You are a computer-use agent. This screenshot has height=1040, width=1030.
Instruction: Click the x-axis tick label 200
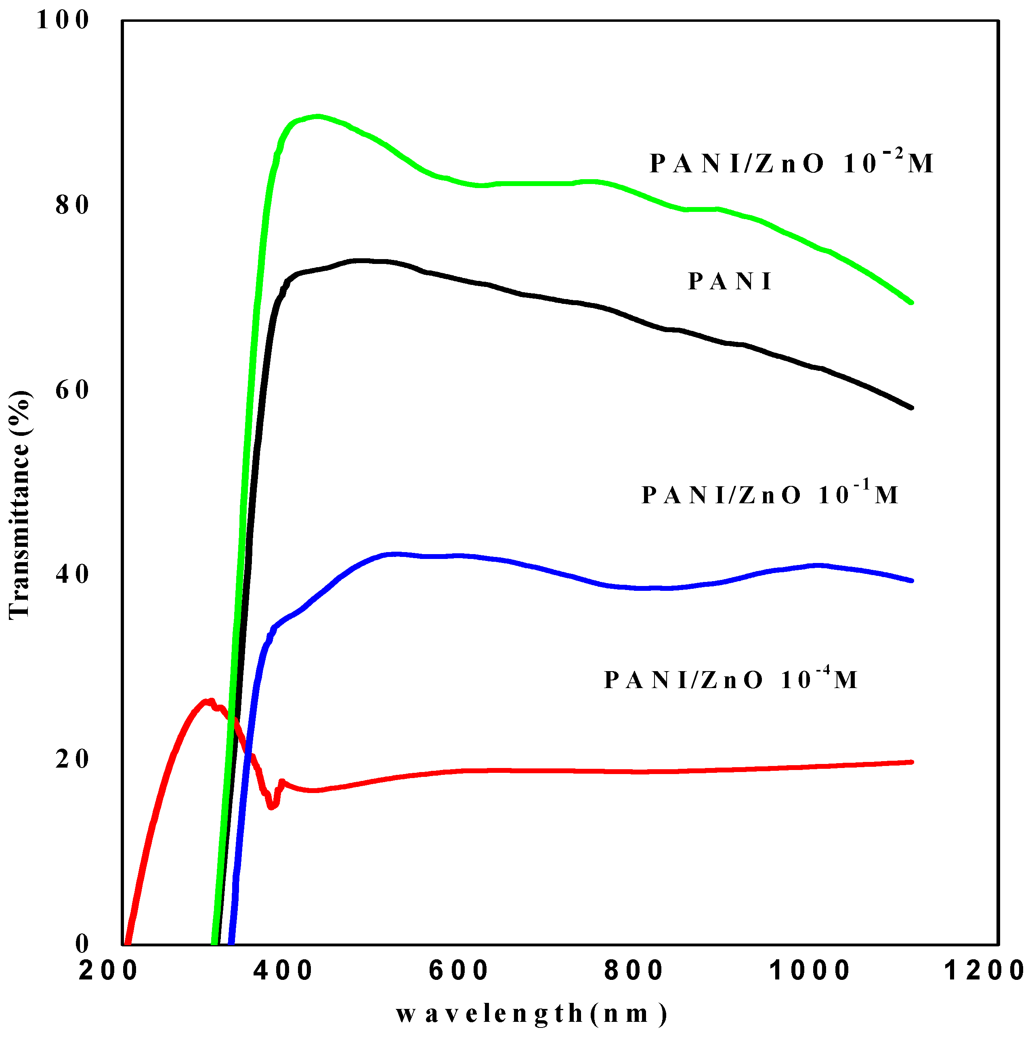coord(108,971)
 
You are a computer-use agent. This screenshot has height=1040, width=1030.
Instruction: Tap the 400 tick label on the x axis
coord(283,971)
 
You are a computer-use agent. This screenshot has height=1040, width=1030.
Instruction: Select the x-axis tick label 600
coord(459,971)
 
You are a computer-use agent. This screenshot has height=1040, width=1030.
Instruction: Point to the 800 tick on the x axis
coord(634,971)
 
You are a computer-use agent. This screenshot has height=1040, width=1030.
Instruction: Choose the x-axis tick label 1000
coord(809,971)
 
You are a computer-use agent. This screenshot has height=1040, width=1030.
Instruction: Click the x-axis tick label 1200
coord(985,971)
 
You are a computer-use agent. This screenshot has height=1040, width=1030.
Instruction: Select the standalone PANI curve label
coord(730,282)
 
